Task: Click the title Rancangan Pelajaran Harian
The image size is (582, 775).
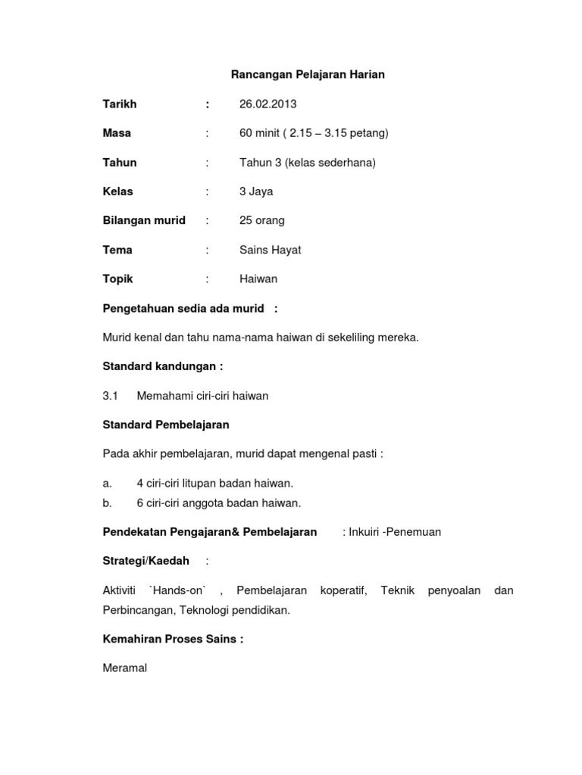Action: [308, 75]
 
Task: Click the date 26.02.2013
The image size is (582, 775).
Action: [268, 104]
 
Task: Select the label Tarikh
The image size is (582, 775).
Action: [120, 104]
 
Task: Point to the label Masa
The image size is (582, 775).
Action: [117, 133]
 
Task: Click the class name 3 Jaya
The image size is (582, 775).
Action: [256, 191]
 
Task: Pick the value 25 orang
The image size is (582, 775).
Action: [262, 220]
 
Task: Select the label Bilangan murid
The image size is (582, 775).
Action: [144, 220]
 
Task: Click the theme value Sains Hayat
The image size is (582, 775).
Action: [270, 250]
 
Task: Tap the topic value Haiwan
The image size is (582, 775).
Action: [258, 279]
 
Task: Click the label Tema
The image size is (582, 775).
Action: [117, 250]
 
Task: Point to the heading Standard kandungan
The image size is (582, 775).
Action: [162, 366]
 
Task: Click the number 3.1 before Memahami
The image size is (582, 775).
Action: [111, 395]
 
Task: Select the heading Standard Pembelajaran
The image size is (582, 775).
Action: [166, 425]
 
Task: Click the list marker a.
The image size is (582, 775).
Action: [107, 483]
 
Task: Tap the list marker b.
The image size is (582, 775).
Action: [107, 503]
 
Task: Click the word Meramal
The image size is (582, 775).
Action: [125, 668]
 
